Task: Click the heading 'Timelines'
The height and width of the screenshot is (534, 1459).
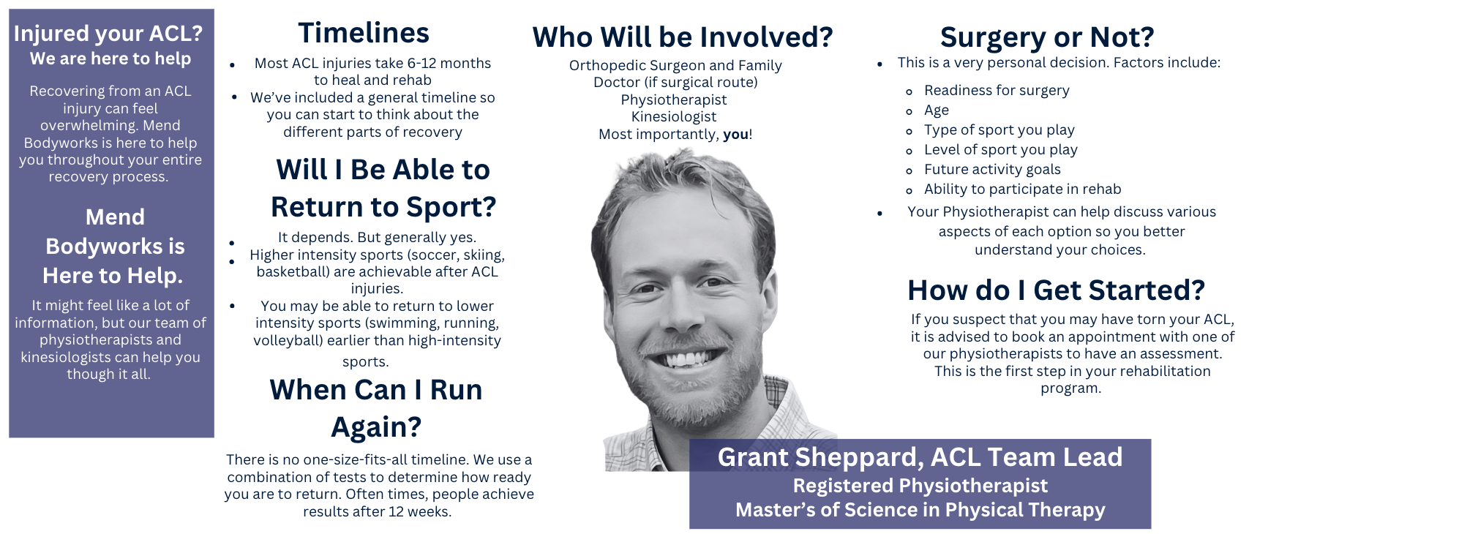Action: tap(364, 33)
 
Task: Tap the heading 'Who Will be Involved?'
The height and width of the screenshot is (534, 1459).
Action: tap(683, 37)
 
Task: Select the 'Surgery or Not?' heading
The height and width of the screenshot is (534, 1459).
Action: tap(1047, 37)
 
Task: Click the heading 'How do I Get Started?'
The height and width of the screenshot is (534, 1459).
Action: tap(1056, 290)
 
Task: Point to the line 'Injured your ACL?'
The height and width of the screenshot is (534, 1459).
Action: tap(108, 34)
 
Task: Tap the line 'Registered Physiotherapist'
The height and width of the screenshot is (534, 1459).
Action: tap(920, 486)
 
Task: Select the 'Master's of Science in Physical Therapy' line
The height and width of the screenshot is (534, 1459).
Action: tap(920, 510)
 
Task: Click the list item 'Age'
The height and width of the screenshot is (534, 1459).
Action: tap(937, 110)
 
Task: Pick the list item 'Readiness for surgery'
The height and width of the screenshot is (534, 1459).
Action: tap(997, 90)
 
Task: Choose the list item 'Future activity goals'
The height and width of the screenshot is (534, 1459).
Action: tap(992, 169)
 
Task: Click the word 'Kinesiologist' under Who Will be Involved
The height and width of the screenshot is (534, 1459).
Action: tap(674, 117)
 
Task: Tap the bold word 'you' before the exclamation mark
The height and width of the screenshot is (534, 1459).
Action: tap(735, 135)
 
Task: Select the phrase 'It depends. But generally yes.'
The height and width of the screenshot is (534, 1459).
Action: tap(377, 238)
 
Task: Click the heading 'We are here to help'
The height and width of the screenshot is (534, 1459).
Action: tap(110, 59)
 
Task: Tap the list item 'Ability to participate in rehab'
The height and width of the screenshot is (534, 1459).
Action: tap(1022, 189)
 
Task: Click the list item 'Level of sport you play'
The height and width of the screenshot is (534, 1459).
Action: tap(1000, 150)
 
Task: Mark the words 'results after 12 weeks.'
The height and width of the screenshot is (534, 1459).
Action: tap(378, 511)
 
